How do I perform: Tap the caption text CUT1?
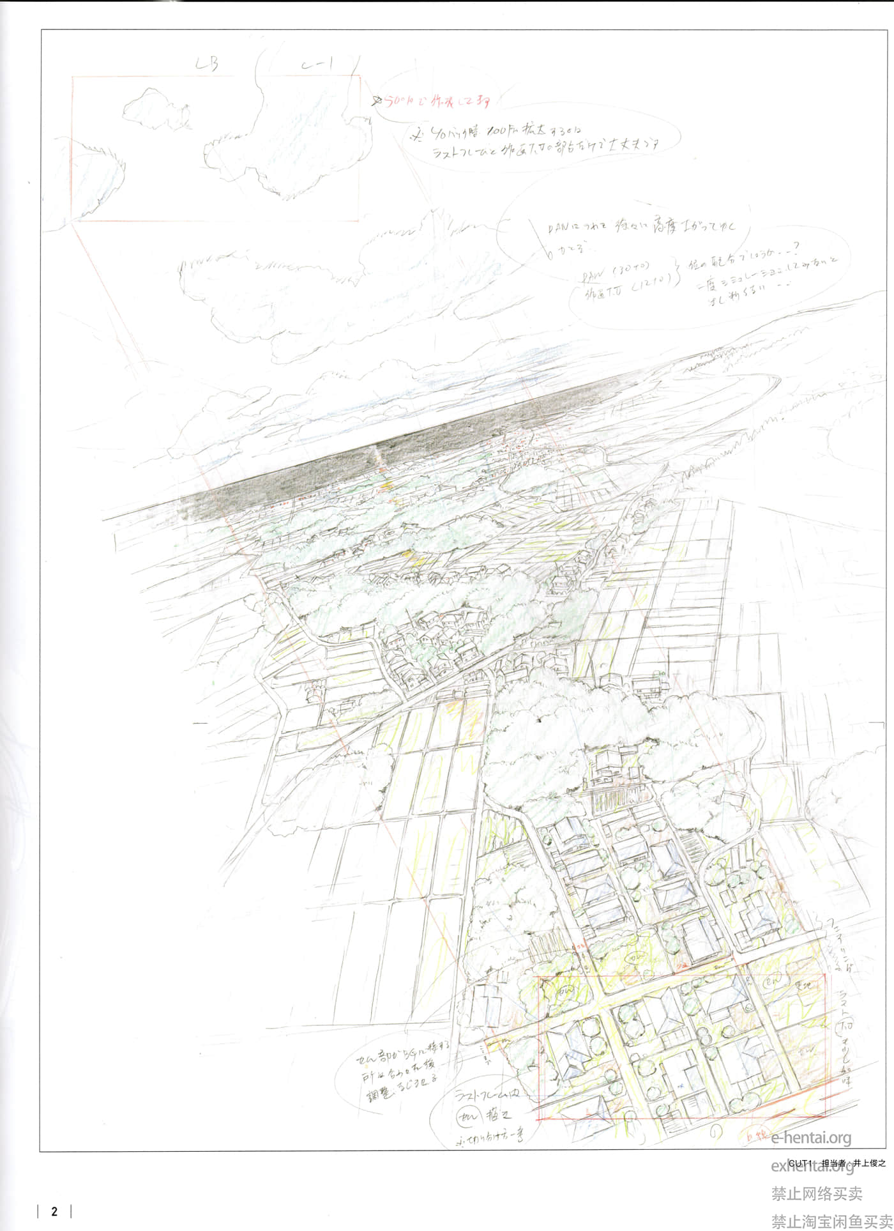[799, 1163]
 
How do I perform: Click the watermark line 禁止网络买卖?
[817, 1193]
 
